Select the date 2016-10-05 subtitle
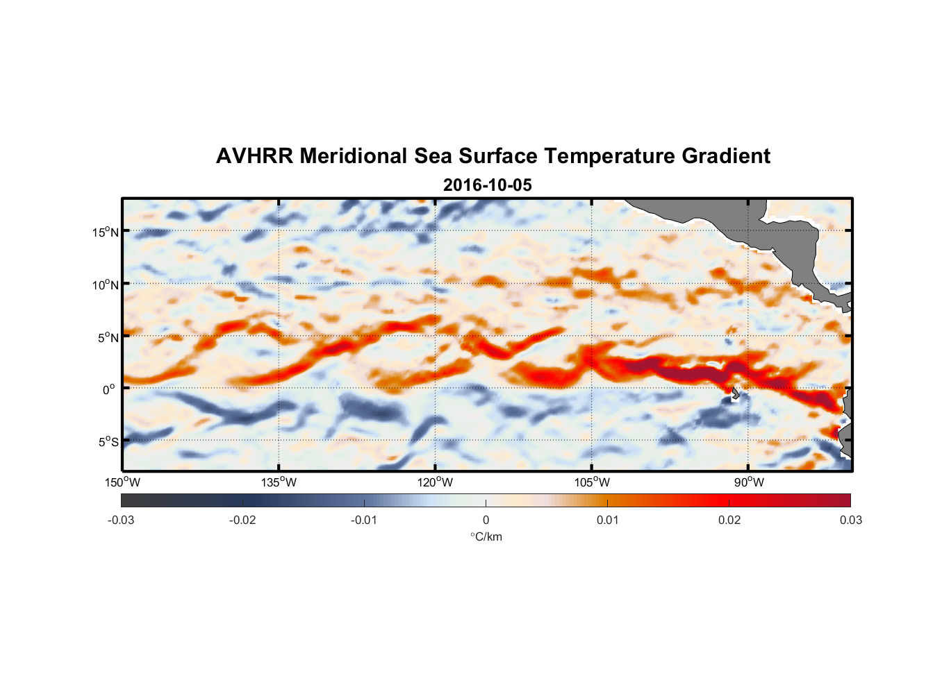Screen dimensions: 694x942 [488, 185]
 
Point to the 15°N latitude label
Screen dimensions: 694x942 [106, 232]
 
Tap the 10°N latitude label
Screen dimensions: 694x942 [106, 285]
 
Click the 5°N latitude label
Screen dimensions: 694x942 [108, 337]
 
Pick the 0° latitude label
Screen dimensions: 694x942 [109, 389]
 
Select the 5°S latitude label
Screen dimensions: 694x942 [108, 442]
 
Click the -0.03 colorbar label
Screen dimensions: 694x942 [121, 520]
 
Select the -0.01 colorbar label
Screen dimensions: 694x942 [364, 520]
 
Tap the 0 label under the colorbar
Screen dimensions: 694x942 [486, 520]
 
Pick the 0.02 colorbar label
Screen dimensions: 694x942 [729, 520]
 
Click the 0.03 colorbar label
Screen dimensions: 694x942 [850, 520]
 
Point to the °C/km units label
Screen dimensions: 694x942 [486, 537]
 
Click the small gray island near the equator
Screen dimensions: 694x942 [735, 393]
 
